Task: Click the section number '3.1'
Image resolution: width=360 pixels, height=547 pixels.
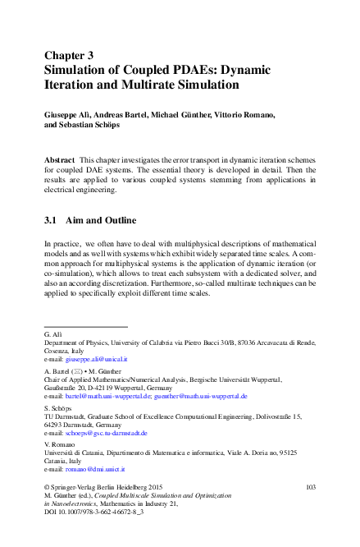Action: tap(53, 221)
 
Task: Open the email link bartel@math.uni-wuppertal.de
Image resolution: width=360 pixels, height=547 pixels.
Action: tap(106, 395)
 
